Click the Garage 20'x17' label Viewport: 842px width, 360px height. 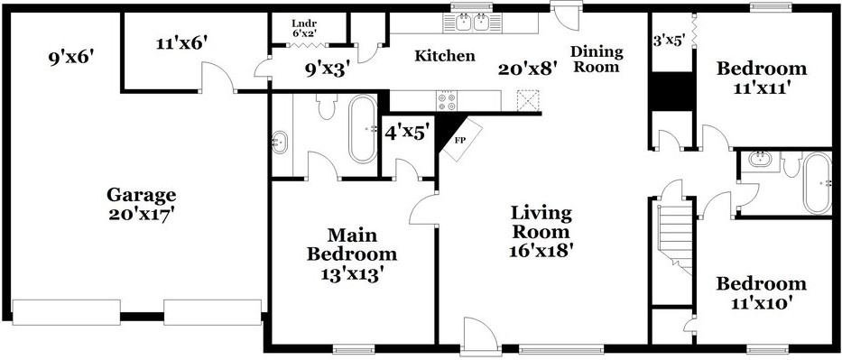tap(141, 204)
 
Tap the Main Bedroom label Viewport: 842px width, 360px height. tap(351, 254)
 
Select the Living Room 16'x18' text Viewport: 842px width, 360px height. tap(541, 231)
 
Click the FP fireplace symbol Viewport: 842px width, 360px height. tap(458, 140)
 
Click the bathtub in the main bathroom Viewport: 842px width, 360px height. tap(363, 129)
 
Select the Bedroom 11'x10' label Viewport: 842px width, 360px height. tap(761, 293)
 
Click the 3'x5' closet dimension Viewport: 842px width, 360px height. tap(669, 40)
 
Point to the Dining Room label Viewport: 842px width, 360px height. tap(597, 59)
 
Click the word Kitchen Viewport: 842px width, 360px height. tap(444, 56)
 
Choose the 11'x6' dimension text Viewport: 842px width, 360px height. tap(169, 42)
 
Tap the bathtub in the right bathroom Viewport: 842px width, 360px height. tap(818, 183)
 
